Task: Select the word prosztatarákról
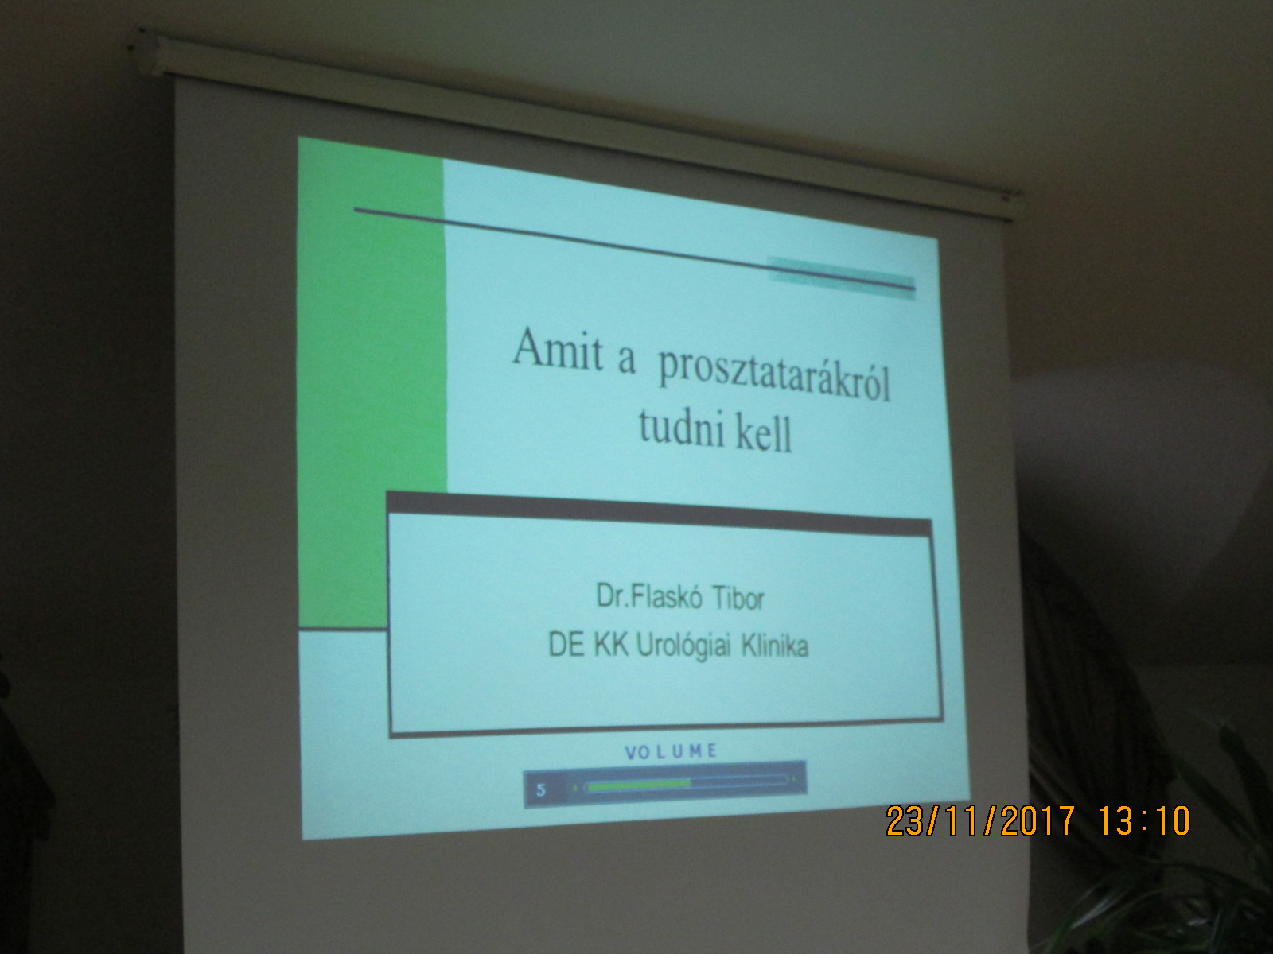(774, 377)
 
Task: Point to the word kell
(764, 434)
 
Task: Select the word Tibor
(738, 599)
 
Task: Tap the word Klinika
(775, 646)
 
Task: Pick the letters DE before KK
(566, 644)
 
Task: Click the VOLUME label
(671, 752)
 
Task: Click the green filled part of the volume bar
(639, 785)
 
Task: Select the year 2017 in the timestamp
(1038, 820)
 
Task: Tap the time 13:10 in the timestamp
(1144, 820)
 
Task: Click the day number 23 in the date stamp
(905, 820)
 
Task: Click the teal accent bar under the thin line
(842, 278)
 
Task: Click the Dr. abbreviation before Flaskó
(613, 595)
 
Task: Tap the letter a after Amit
(626, 360)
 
